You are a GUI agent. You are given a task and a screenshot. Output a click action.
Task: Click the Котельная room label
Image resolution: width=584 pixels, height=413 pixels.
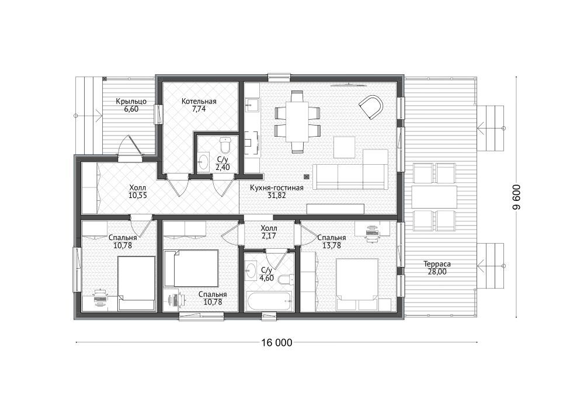(x=199, y=101)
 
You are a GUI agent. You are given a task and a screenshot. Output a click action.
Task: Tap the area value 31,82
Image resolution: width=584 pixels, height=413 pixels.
(x=277, y=195)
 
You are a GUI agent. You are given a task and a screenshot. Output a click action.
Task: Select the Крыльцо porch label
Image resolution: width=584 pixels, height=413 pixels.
(x=131, y=101)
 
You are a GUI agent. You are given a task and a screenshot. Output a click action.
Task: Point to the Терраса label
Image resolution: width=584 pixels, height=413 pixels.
(x=437, y=264)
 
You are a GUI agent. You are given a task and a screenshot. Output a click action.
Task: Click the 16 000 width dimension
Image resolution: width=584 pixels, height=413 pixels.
(x=277, y=343)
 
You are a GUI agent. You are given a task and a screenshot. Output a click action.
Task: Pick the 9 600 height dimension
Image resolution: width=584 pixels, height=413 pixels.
(x=516, y=197)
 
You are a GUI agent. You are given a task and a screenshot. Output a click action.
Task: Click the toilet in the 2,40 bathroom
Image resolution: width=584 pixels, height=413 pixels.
(x=225, y=145)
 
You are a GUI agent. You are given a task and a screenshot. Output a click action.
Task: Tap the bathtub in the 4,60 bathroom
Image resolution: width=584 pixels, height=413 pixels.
(x=269, y=300)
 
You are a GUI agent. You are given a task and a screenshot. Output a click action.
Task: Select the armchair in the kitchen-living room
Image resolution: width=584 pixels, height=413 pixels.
(x=371, y=107)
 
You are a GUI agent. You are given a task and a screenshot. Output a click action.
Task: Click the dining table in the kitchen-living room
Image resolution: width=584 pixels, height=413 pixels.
(x=297, y=122)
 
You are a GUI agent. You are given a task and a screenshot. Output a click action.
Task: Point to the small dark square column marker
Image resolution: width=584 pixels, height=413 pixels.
(x=306, y=176)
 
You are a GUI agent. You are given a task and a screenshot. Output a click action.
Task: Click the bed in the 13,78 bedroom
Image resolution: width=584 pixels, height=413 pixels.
(x=357, y=284)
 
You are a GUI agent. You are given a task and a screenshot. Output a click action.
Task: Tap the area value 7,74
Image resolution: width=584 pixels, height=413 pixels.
(x=199, y=109)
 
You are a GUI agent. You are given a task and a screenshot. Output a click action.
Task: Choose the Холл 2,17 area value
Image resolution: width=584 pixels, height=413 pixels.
(x=269, y=236)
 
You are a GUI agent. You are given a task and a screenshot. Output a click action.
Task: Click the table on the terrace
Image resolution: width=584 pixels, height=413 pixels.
(x=434, y=197)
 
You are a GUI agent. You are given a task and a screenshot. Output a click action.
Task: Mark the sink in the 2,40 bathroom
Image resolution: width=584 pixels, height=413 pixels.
(x=203, y=161)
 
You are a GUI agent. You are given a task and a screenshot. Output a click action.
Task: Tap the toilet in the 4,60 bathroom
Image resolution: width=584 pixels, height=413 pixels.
(x=286, y=280)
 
